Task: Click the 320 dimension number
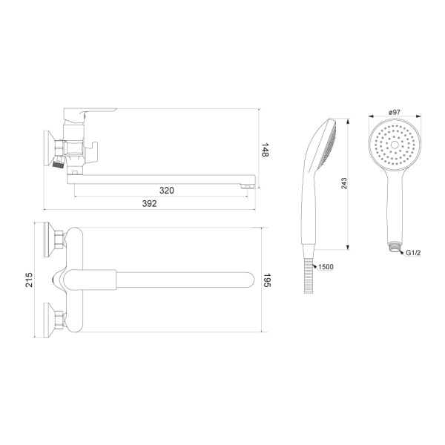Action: (x=167, y=191)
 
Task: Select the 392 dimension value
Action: (x=149, y=203)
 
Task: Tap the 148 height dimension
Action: (x=265, y=150)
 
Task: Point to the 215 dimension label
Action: (x=29, y=280)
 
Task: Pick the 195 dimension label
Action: (x=267, y=280)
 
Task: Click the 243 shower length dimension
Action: (x=344, y=184)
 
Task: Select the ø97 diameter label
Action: (x=395, y=112)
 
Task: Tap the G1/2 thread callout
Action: (x=413, y=253)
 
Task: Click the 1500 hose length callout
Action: (x=326, y=267)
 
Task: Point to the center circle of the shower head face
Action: (x=395, y=145)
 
